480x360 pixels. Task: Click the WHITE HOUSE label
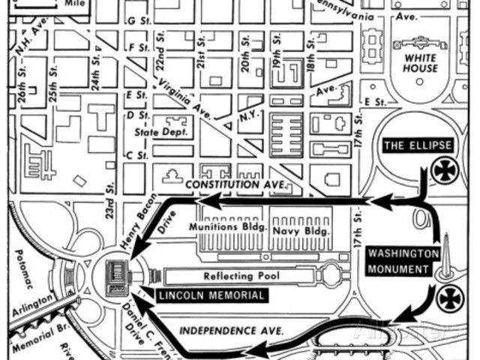tap(420, 63)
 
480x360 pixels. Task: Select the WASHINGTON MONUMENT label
tap(403, 259)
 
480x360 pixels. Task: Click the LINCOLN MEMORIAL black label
tap(211, 295)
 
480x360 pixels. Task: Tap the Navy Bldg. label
tap(300, 232)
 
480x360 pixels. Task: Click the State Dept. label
tap(158, 133)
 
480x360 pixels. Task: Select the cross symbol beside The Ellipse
tap(445, 170)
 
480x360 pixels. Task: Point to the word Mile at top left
tap(73, 3)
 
